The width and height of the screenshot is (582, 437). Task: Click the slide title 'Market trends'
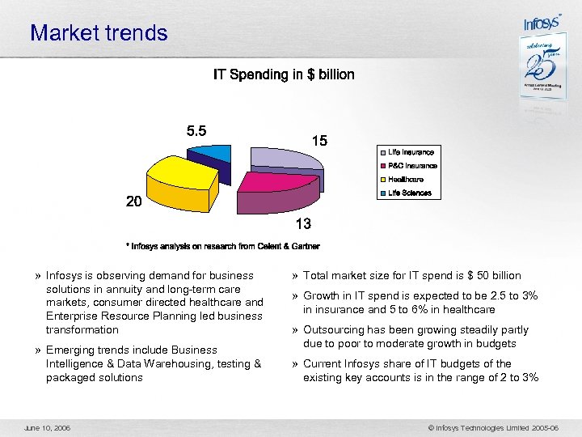[99, 33]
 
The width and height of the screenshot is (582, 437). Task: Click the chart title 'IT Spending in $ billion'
[284, 74]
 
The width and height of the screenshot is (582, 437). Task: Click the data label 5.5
[196, 130]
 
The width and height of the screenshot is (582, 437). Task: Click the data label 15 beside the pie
[319, 141]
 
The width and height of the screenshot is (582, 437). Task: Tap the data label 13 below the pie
[303, 223]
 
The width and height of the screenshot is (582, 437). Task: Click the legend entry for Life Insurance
[411, 152]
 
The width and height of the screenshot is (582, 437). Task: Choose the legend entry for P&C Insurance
[411, 166]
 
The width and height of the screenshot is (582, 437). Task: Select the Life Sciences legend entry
[409, 193]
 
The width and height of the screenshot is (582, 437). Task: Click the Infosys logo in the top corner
[542, 23]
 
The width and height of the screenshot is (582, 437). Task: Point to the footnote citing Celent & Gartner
[222, 246]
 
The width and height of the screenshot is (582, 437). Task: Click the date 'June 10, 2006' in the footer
[47, 427]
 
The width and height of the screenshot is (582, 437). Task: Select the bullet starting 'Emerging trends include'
[154, 363]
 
